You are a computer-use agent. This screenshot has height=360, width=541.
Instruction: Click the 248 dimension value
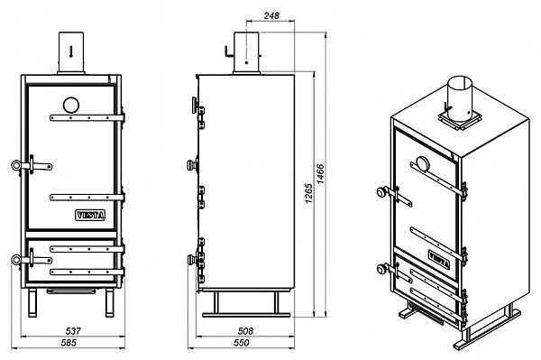coord(271,15)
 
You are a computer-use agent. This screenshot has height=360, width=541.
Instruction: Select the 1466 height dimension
coord(320,174)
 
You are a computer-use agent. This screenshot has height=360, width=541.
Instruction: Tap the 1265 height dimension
coord(308,193)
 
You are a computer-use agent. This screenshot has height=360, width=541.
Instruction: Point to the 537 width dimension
coord(73,331)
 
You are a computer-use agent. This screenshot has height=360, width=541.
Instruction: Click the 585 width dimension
coord(69,343)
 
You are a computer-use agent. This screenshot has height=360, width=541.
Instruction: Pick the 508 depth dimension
coord(245,331)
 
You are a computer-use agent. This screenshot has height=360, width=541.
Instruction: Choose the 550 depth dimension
coord(241,343)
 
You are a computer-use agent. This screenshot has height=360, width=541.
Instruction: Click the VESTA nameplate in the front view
coord(89,216)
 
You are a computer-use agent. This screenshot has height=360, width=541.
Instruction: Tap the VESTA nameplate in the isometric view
coord(439,260)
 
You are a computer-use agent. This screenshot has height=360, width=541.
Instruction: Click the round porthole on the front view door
coord(71,106)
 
